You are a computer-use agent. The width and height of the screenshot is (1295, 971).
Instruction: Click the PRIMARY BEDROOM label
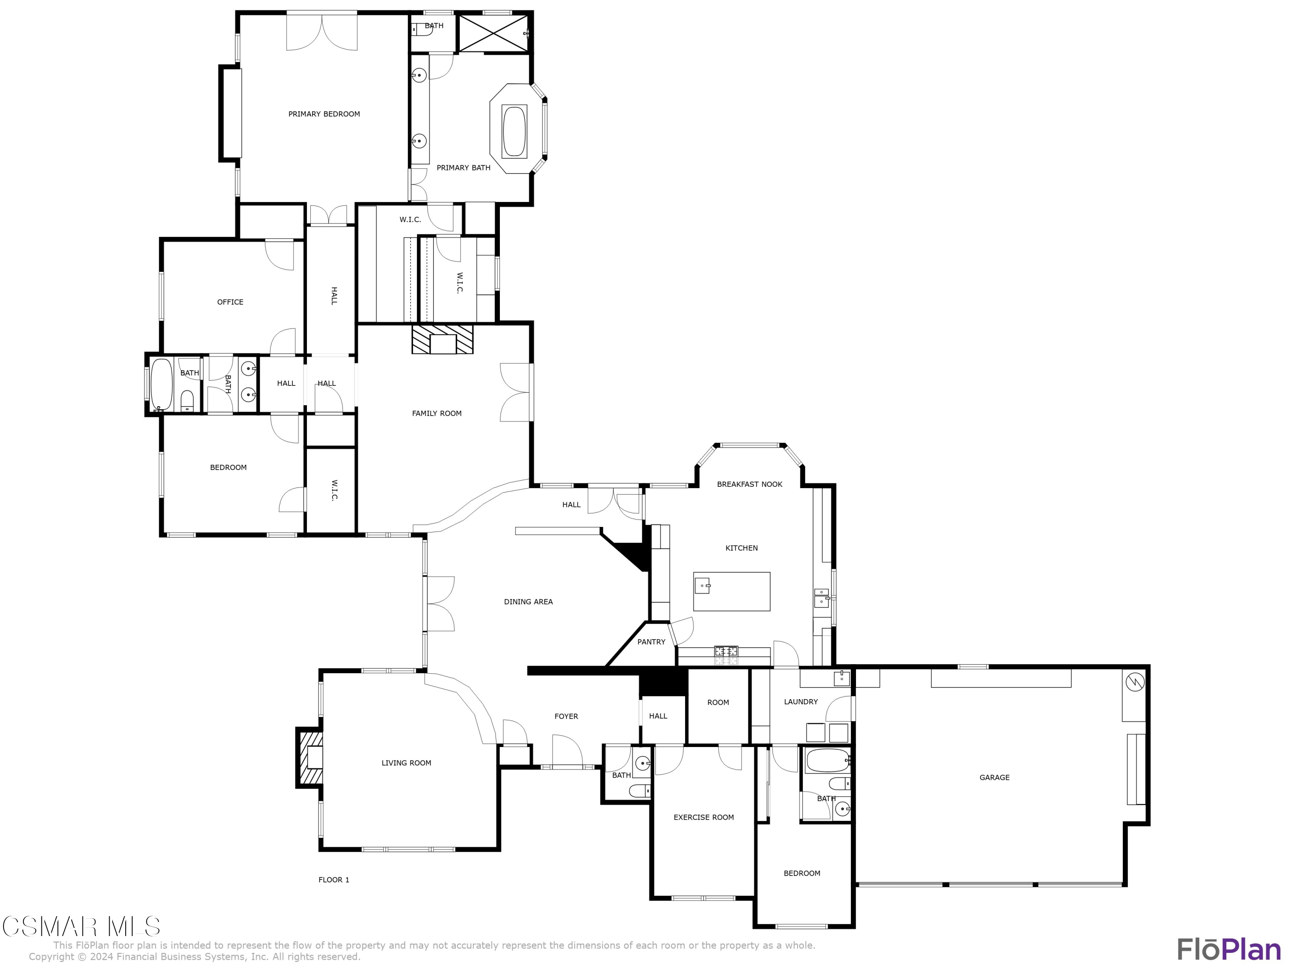tap(324, 114)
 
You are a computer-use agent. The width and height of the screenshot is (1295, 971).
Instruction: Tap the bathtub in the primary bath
tap(514, 130)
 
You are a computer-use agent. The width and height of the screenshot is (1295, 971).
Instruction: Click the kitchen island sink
tap(702, 585)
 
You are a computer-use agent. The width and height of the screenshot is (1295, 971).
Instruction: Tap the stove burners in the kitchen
tap(726, 651)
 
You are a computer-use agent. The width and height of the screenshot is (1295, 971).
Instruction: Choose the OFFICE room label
tap(230, 302)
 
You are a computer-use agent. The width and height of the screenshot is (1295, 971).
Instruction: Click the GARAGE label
tap(994, 777)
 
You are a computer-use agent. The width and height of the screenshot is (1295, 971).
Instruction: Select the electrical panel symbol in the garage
tap(1134, 682)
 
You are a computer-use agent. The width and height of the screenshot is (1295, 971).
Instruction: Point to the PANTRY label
tap(651, 641)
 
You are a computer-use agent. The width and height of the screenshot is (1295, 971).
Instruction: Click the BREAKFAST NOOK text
tap(749, 484)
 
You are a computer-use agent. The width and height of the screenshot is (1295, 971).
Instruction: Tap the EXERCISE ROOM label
tap(703, 817)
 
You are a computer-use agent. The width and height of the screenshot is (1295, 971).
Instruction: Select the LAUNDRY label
tap(800, 702)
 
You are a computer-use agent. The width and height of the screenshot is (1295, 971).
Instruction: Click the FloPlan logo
tap(1228, 949)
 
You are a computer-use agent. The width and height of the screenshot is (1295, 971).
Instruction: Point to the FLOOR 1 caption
tap(334, 880)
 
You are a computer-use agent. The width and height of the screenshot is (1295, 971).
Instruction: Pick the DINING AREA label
tap(528, 602)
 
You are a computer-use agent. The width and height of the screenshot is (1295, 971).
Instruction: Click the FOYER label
tap(566, 716)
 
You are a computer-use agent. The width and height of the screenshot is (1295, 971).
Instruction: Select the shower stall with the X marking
tap(493, 33)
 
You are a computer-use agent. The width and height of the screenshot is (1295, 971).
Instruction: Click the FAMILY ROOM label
tap(437, 413)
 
